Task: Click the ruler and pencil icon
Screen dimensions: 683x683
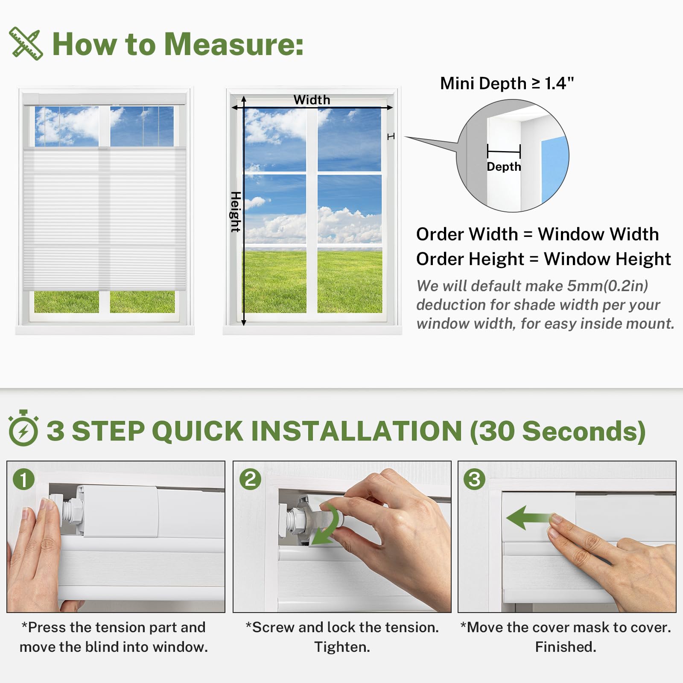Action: pos(26,44)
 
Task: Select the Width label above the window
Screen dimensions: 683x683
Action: pos(312,100)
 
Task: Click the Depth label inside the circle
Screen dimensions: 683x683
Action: pos(504,167)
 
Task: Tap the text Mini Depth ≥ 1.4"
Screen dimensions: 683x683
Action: pos(507,83)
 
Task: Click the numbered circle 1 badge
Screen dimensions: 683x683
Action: pos(24,479)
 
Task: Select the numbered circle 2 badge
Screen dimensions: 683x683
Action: pos(250,479)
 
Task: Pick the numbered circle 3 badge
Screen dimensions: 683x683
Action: pos(475,479)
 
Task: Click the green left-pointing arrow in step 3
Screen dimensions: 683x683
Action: pos(529,518)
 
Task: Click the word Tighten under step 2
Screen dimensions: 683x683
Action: pos(342,647)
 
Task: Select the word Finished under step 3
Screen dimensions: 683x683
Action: pos(566,647)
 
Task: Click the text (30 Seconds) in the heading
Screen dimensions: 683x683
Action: pos(558,431)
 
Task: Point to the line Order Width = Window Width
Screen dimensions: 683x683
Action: pos(537,234)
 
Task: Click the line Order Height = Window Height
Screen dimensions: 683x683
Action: pos(543,259)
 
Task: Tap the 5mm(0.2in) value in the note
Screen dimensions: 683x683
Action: pos(607,286)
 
